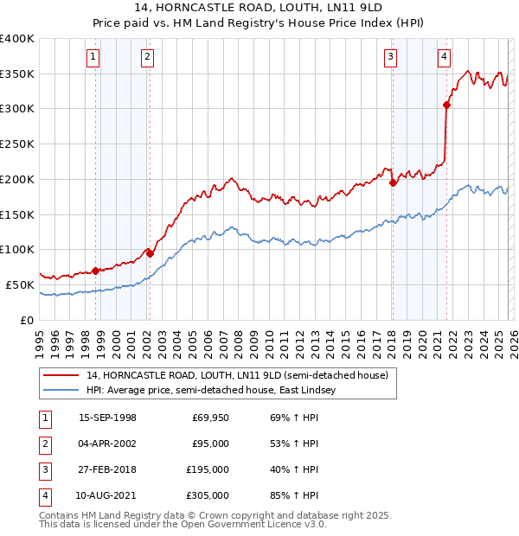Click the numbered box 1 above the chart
click(x=93, y=57)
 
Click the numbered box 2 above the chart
click(x=148, y=57)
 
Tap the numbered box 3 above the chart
click(x=390, y=57)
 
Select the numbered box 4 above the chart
click(x=444, y=57)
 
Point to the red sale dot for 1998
click(x=95, y=271)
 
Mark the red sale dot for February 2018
click(x=393, y=182)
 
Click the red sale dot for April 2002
click(x=150, y=253)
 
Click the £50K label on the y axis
click(x=20, y=284)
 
